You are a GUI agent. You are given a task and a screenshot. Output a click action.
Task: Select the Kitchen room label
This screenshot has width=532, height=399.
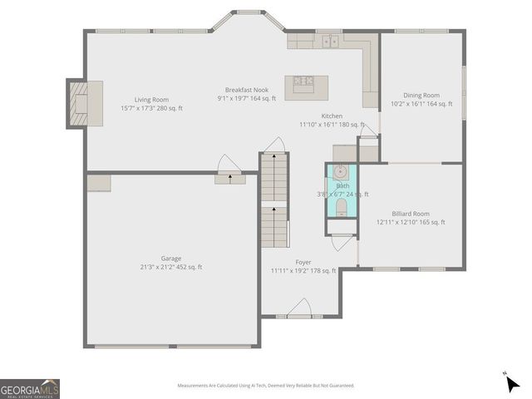pyautogui.click(x=332, y=116)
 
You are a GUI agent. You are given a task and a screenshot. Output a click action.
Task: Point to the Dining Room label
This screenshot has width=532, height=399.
pyautogui.click(x=421, y=96)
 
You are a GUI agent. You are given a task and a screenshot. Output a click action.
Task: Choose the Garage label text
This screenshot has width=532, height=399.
pyautogui.click(x=171, y=259)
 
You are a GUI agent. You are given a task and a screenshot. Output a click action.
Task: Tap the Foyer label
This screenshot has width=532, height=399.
pyautogui.click(x=303, y=262)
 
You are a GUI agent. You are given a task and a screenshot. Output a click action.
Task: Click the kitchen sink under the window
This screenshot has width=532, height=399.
pyautogui.click(x=332, y=40)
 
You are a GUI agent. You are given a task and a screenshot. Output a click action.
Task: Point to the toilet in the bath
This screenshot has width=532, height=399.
pyautogui.click(x=340, y=206)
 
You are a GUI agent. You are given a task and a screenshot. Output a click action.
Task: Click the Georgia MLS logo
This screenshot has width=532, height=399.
pyautogui.click(x=30, y=388)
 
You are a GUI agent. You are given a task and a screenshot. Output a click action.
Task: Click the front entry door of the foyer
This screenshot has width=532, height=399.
pyautogui.click(x=298, y=312)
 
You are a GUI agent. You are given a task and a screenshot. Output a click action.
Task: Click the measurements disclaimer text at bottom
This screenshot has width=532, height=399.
pyautogui.click(x=265, y=386)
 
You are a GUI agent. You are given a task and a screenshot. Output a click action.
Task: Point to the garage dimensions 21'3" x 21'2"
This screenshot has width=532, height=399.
pyautogui.click(x=170, y=268)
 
